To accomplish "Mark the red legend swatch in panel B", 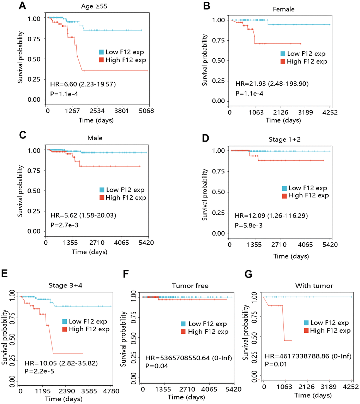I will click(283, 61).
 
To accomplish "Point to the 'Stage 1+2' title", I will click(280, 140).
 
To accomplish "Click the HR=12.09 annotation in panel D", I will click(268, 215).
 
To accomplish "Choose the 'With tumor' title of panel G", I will click(307, 286).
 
